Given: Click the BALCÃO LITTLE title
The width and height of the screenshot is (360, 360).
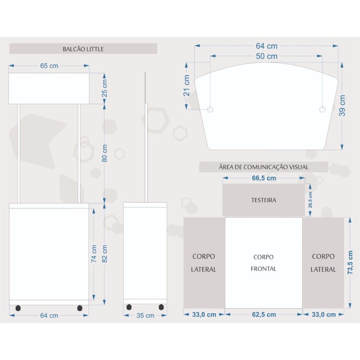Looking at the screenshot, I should (x=83, y=49).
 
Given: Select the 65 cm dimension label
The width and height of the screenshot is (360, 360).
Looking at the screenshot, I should (x=49, y=66).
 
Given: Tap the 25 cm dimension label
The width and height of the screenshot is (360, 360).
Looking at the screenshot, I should (x=104, y=89).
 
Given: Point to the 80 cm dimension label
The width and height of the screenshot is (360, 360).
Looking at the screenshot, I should (x=104, y=153).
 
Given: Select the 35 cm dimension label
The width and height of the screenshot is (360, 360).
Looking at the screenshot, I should (x=145, y=315).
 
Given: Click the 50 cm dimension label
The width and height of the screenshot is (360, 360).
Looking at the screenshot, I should (x=266, y=56).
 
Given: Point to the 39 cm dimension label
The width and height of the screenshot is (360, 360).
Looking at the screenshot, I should (x=342, y=105).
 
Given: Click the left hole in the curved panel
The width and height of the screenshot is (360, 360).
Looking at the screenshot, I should (x=210, y=109).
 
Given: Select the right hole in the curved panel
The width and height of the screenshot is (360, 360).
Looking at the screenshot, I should (x=322, y=109).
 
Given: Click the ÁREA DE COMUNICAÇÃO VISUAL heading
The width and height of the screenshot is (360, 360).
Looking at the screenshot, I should (x=264, y=167).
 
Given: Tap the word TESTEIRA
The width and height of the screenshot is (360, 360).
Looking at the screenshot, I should (x=264, y=200).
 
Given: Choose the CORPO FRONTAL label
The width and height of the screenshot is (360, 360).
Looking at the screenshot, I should (x=264, y=263).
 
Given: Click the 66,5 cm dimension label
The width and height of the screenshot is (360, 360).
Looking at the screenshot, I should (x=264, y=178).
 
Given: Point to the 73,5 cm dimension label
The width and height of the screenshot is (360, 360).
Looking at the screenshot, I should (x=350, y=263).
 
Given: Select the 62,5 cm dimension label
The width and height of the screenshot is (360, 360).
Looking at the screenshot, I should (x=264, y=314).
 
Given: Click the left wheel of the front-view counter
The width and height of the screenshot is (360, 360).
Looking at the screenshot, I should (x=18, y=308).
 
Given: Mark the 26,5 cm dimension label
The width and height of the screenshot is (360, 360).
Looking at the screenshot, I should (x=310, y=200).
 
